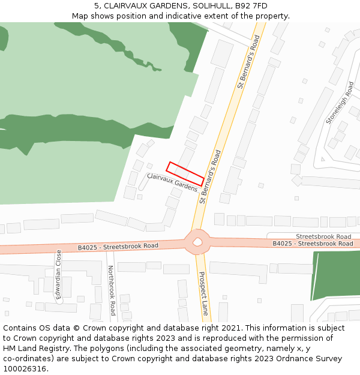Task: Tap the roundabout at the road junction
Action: (197, 242)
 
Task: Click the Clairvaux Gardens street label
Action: (172, 182)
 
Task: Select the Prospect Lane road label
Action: (204, 293)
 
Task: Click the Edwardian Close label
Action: (59, 274)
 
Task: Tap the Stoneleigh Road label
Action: (340, 103)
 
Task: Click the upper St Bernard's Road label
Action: (248, 62)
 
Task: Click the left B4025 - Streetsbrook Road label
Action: (118, 247)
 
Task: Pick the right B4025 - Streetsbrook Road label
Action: (313, 244)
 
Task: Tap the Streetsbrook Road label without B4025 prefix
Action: (323, 236)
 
